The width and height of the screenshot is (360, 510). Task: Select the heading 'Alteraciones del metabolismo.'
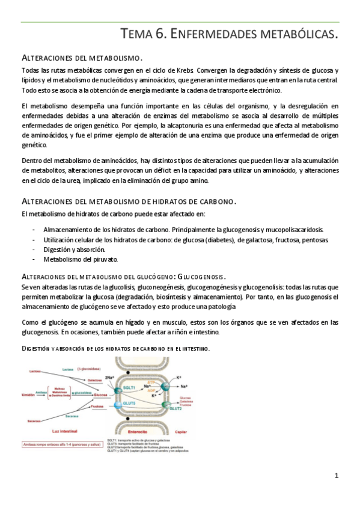click(x=82, y=58)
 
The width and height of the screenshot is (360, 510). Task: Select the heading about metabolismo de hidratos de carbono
click(x=129, y=200)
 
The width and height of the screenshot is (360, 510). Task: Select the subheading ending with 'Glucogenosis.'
click(x=123, y=277)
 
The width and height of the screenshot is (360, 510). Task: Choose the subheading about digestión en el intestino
click(x=115, y=348)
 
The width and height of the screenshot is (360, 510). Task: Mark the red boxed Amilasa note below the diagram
click(x=61, y=444)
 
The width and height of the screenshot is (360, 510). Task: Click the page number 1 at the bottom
click(x=337, y=476)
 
